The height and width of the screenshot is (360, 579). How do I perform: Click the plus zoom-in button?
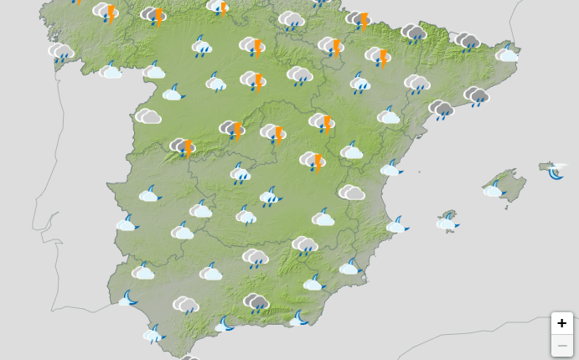pos(561,323)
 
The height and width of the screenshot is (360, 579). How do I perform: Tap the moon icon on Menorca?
pos(556,172)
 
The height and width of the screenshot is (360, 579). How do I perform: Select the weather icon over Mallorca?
pos(493,189)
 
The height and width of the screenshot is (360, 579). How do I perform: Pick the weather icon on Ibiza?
pos(447,222)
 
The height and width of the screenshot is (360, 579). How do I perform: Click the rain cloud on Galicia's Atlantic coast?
pos(60,53)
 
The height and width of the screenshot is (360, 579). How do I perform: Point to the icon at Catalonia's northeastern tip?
pos(506,54)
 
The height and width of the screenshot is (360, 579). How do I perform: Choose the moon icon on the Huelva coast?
pos(128,298)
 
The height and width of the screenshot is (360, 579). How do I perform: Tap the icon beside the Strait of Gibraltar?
pos(153,335)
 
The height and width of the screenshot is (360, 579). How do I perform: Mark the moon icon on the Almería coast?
pos(299,318)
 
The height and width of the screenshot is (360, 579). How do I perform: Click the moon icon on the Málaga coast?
pos(225,324)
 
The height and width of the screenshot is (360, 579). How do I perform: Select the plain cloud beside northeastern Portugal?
pos(148,116)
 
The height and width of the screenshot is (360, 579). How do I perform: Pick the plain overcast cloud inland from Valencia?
pos(352,193)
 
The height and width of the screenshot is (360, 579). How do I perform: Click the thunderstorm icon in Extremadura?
pos(183,147)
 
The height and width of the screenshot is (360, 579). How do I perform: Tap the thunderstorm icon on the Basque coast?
pos(359,19)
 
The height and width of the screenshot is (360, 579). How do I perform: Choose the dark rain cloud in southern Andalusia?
pos(256,302)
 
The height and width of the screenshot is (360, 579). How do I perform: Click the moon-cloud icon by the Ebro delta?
pos(390,168)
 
